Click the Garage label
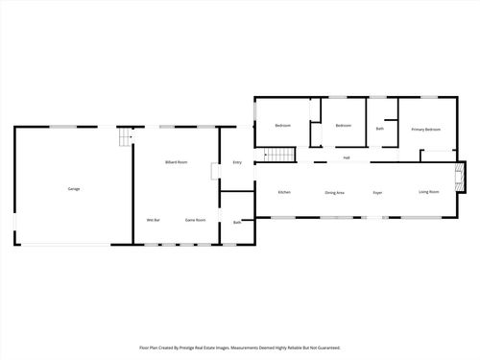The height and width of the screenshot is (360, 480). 74,188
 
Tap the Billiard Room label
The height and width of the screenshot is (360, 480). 176,162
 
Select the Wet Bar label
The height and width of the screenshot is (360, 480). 153,220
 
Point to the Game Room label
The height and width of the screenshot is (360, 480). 195,220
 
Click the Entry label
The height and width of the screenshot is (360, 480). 237,162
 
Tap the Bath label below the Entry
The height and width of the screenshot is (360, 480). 237,223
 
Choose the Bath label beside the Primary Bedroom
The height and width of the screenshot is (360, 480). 380,129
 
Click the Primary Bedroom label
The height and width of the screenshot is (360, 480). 425,129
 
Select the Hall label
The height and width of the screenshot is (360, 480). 346,157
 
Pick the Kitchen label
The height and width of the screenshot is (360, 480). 284,192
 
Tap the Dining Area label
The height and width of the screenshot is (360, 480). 334,192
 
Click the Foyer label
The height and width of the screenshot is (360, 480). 378,192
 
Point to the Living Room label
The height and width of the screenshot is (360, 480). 428,192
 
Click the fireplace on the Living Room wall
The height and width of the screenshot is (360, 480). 460,175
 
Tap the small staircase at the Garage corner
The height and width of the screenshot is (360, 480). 123,140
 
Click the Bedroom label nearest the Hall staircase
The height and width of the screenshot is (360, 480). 283,126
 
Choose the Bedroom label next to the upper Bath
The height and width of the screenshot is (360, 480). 343,126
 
